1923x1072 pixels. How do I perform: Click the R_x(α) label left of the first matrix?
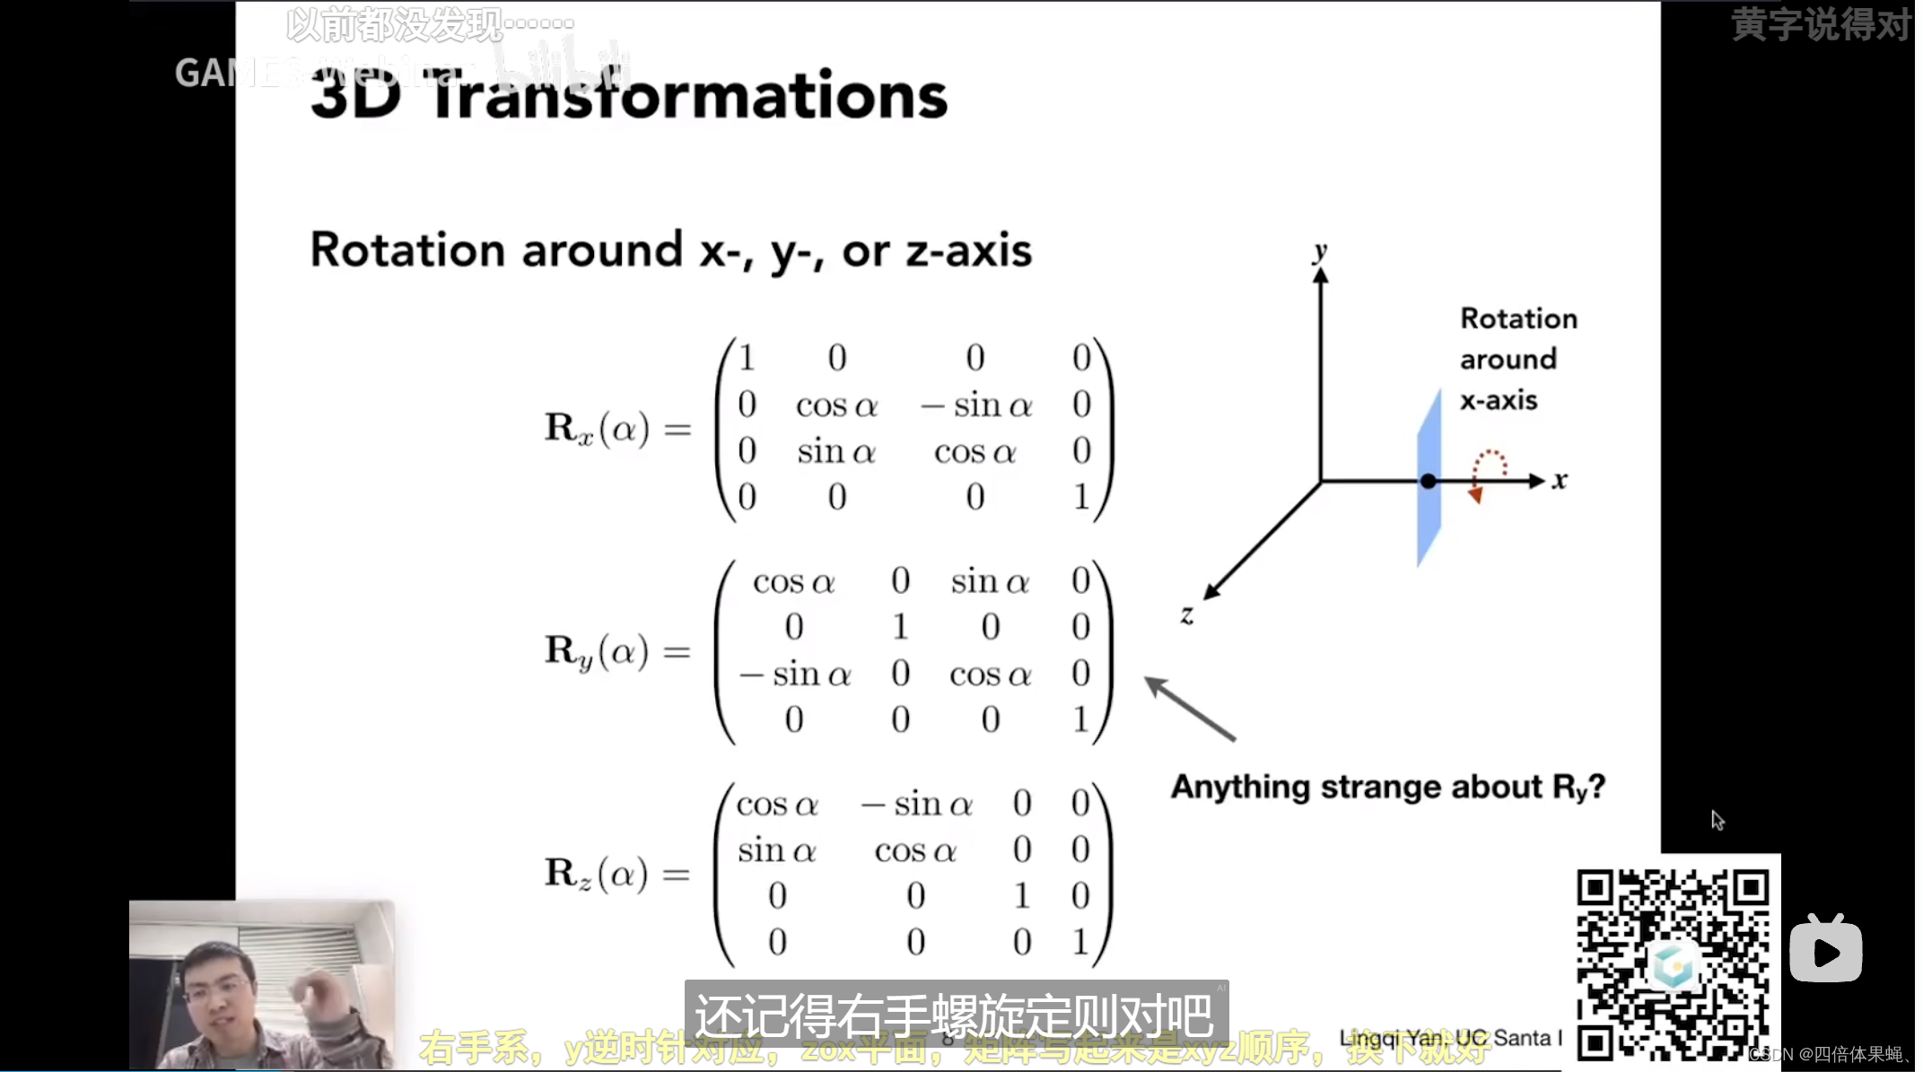[597, 428]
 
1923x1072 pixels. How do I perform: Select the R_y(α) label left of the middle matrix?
[597, 651]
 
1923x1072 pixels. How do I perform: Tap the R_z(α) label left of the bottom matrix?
[597, 874]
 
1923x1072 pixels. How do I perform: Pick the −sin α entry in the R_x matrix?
[976, 405]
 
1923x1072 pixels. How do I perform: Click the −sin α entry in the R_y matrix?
[795, 674]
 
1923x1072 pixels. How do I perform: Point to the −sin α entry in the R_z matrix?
[917, 804]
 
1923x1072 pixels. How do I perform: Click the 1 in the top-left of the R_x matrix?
[747, 358]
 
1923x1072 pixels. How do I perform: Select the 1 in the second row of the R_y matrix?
[900, 626]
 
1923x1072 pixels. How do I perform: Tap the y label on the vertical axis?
[1319, 250]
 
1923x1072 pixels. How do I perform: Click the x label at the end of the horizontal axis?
[1560, 481]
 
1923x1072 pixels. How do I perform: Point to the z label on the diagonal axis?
[1186, 614]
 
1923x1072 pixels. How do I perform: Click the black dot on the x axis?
[1428, 482]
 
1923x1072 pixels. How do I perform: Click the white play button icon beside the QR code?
[1825, 949]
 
